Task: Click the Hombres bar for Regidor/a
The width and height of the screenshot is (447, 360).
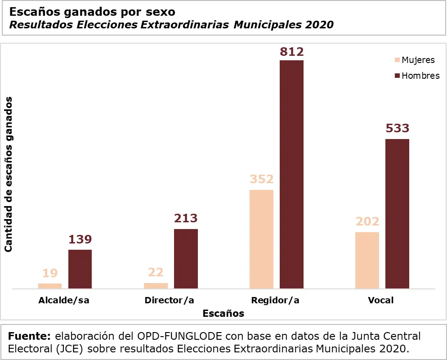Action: tap(291, 174)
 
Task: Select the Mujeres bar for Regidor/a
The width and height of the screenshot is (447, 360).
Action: tap(261, 239)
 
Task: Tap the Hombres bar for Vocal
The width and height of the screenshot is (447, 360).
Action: tap(397, 214)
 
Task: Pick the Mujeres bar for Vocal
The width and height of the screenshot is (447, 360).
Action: tap(367, 260)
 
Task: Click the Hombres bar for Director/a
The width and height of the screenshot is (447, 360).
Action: tap(186, 259)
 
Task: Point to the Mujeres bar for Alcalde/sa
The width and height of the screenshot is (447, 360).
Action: tap(50, 286)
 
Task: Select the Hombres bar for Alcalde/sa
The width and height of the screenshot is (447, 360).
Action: tap(80, 269)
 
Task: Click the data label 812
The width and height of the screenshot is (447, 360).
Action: tap(291, 52)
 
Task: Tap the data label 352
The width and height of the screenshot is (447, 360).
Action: tap(261, 179)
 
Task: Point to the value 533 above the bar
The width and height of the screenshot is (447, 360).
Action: tap(397, 128)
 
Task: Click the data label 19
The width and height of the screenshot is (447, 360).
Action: tap(50, 273)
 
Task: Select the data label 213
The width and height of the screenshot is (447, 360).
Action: tap(186, 218)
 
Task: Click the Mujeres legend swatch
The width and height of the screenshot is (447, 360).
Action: tap(397, 60)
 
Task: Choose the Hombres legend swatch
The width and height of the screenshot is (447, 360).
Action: tap(397, 76)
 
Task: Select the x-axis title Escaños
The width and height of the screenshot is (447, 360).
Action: tap(223, 313)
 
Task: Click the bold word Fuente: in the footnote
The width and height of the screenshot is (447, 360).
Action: tap(30, 336)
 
